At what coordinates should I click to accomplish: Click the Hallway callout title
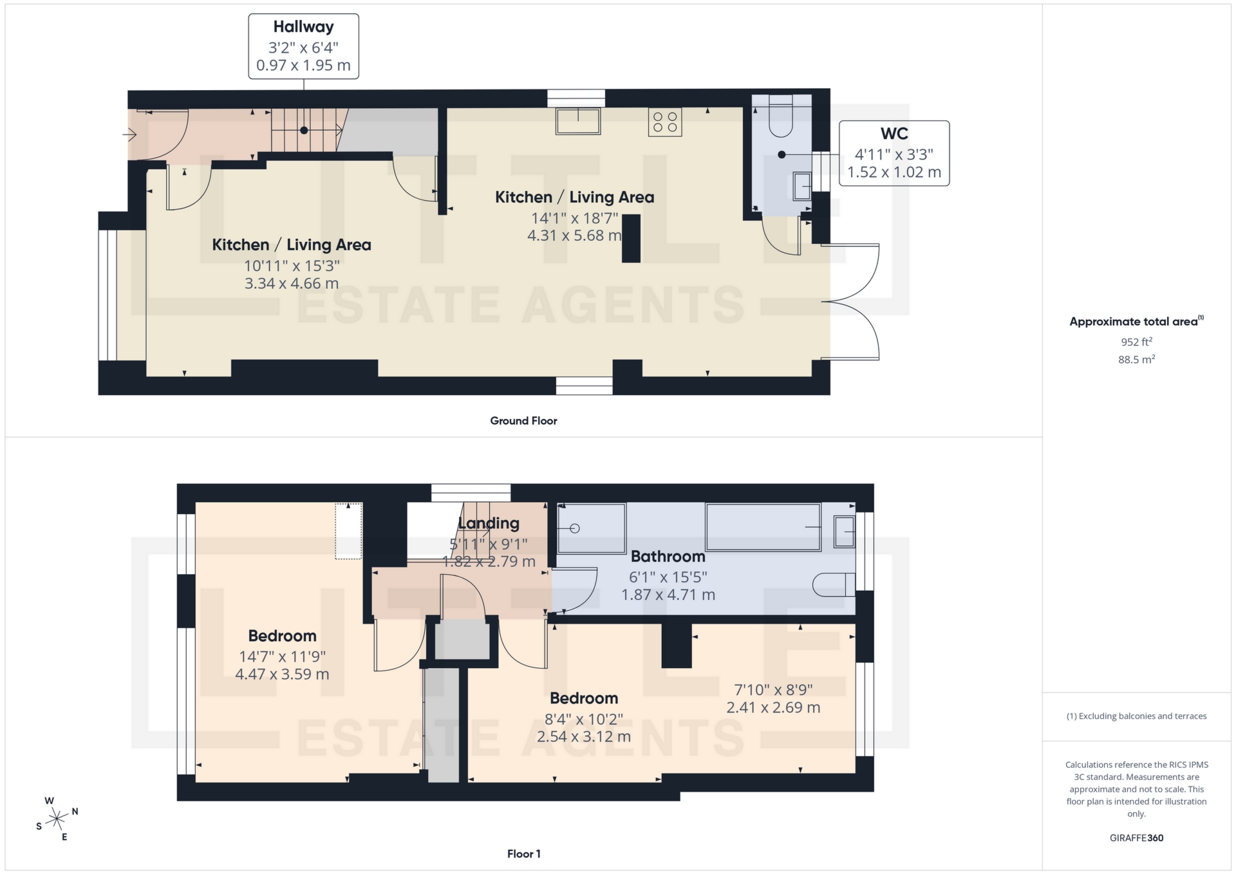point(303,27)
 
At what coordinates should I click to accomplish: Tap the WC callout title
point(894,134)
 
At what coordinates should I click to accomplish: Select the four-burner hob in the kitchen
point(665,122)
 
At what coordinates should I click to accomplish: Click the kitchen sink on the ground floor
point(578,121)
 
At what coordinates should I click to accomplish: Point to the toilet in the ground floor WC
point(781,119)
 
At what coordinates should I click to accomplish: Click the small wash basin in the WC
point(802,187)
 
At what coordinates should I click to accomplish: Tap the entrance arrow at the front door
point(129,135)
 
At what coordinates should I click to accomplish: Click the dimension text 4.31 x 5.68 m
point(574,236)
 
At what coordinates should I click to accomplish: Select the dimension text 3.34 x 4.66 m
point(291,284)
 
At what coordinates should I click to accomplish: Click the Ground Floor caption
point(523,421)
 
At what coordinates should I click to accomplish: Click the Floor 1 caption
point(523,854)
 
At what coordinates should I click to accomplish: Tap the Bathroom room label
point(668,557)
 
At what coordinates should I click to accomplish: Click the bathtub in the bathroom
point(763,527)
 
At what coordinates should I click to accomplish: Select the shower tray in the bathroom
point(591,528)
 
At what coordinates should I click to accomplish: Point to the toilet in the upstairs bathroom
point(834,584)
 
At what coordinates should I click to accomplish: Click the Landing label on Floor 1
point(489,524)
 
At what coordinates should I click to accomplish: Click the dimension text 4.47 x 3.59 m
point(282,674)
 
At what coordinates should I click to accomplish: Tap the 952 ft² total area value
point(1136,342)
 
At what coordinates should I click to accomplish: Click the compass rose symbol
point(57,819)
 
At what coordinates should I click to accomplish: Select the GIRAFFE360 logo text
point(1136,838)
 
